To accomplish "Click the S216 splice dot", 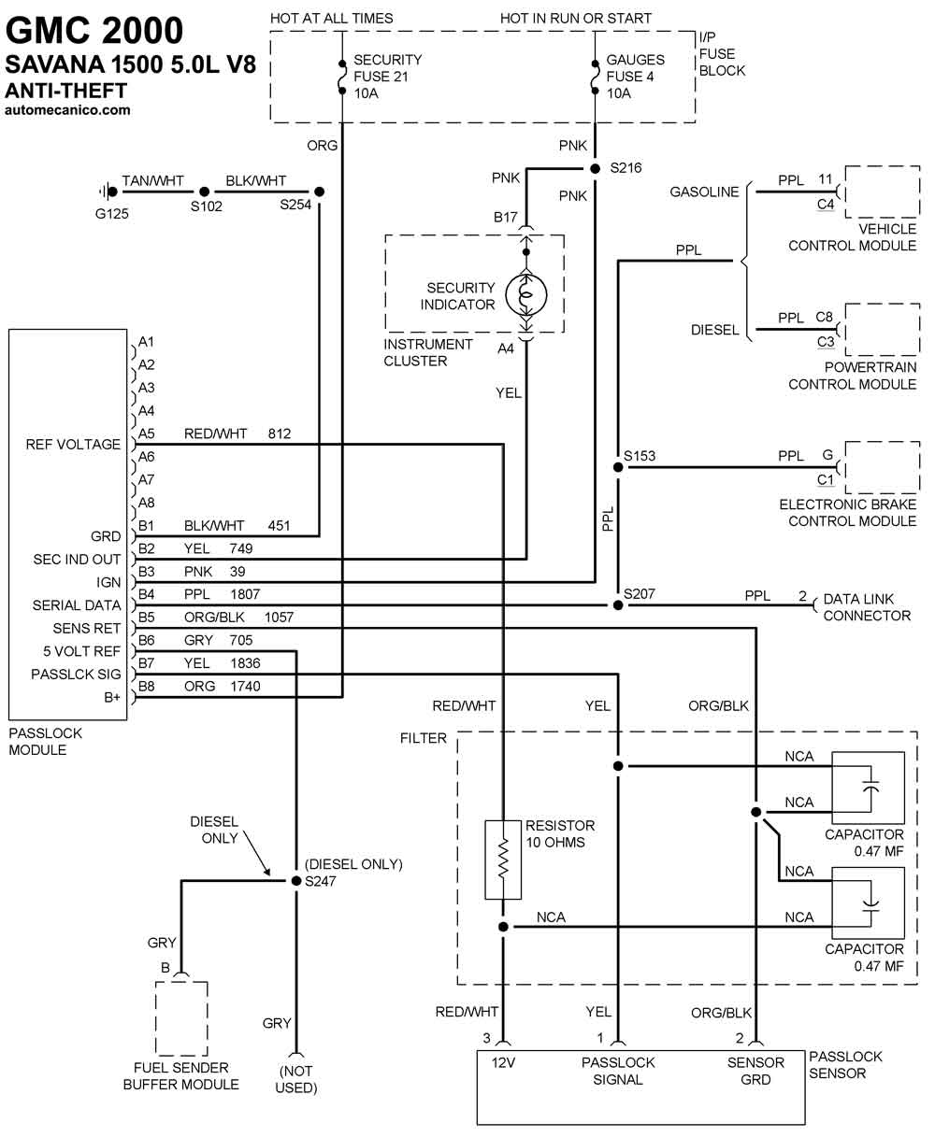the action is click(595, 169).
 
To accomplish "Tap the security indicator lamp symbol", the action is click(526, 295).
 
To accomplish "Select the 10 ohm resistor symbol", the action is click(503, 860).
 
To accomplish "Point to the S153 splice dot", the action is click(618, 467).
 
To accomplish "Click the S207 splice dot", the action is click(618, 604).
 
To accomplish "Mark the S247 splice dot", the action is click(296, 880).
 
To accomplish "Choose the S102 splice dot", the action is click(204, 192).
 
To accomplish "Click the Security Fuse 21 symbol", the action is click(342, 78).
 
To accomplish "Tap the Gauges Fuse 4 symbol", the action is click(595, 78).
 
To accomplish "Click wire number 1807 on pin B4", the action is click(245, 594).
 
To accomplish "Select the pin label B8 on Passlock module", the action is click(146, 686).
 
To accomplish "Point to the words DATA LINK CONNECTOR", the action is click(867, 607).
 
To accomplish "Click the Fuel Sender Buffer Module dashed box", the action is click(181, 1018).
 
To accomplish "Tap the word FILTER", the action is click(423, 738).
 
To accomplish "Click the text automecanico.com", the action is click(67, 110).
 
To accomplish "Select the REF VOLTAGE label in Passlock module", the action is click(73, 444).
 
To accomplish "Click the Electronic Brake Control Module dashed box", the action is click(883, 467).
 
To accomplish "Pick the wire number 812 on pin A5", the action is click(279, 433).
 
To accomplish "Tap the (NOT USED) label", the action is click(296, 1079).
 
